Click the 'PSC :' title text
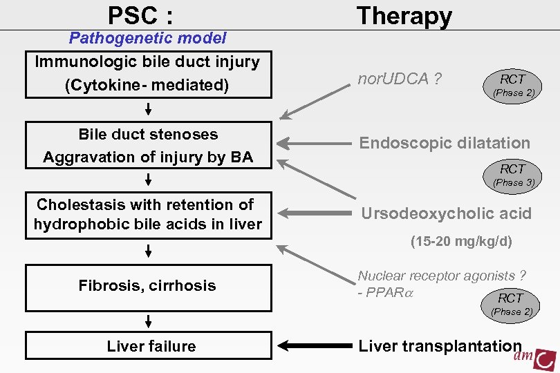[x=140, y=15]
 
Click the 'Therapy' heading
[x=404, y=15]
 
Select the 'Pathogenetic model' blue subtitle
[x=147, y=39]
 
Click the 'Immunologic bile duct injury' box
[x=147, y=73]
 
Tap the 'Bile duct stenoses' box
[x=148, y=146]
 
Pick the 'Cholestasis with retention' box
[x=147, y=214]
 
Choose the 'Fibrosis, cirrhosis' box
[x=147, y=286]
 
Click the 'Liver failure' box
[x=151, y=346]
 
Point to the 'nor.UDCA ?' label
[x=400, y=79]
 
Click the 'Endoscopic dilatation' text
[x=445, y=143]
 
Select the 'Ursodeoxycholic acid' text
[x=446, y=213]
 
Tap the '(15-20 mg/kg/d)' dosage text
[x=462, y=242]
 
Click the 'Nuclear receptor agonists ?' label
[x=442, y=276]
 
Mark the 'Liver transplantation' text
[x=439, y=346]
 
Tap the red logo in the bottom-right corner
[x=536, y=357]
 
